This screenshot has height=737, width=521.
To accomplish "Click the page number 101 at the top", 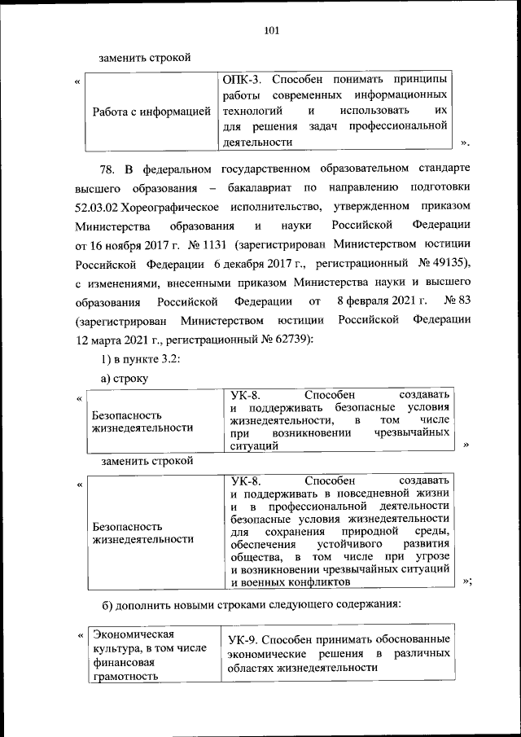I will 272,31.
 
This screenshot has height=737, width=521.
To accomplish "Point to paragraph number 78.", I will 108,169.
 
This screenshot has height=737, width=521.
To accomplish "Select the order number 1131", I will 209,244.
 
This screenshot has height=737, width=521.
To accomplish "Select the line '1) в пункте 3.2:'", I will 134,359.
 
